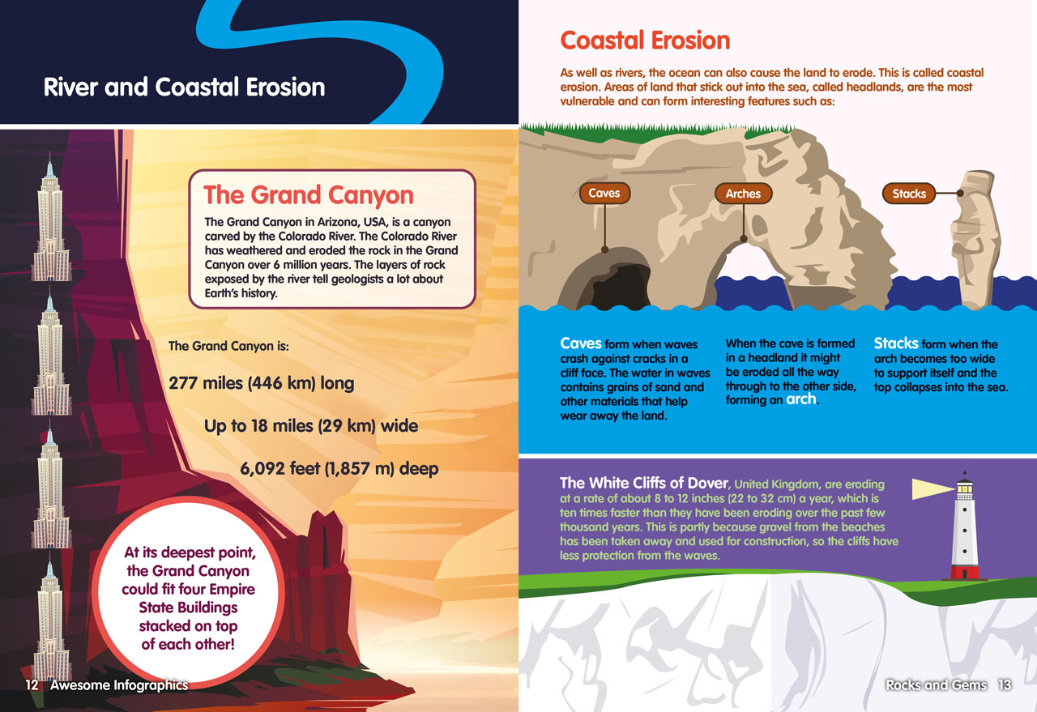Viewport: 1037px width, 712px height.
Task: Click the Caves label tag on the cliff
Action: [604, 193]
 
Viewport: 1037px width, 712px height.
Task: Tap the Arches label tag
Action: [743, 194]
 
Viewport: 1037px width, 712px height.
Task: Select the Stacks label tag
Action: [909, 194]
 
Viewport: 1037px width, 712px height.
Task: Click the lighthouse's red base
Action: [965, 571]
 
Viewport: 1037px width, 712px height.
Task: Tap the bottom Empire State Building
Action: [51, 616]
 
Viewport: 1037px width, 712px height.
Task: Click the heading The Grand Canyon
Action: [309, 195]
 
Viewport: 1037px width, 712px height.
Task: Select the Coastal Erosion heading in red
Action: [645, 41]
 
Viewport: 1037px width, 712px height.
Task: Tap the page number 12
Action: [32, 685]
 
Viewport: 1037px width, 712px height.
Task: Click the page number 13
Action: [1005, 684]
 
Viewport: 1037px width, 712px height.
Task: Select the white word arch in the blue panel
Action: [801, 399]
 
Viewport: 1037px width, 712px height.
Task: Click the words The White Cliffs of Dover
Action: [644, 484]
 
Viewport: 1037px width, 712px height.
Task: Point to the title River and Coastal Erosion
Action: [184, 87]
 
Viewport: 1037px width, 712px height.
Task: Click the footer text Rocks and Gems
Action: [936, 684]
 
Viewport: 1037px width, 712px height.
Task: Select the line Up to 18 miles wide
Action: [311, 426]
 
